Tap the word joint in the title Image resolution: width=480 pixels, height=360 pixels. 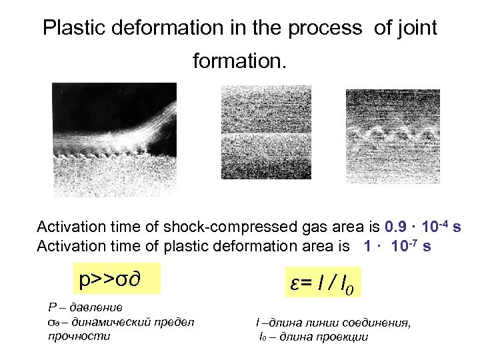point(417,28)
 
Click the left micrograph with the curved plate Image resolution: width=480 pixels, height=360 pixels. point(114,139)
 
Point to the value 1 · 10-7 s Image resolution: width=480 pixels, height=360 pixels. point(397,246)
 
